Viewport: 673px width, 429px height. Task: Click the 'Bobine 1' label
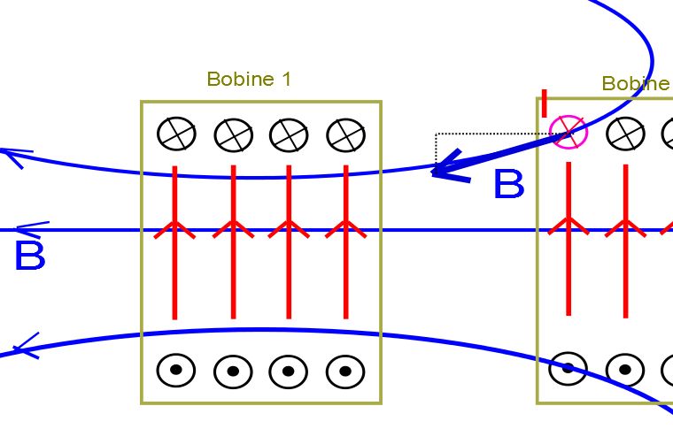(x=249, y=80)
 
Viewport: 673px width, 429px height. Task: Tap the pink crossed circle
(x=568, y=133)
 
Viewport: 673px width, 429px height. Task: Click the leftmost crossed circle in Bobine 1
(x=176, y=134)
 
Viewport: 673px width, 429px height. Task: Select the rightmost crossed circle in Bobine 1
(x=345, y=135)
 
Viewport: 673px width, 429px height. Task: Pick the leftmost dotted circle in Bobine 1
(x=176, y=371)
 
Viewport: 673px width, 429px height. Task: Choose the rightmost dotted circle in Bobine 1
(x=345, y=372)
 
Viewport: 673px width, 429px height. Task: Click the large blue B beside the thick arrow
(x=508, y=186)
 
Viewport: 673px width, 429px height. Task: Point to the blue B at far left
(x=29, y=257)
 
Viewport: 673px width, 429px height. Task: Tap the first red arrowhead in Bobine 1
(x=175, y=229)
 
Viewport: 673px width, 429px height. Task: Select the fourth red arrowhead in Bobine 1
(x=345, y=229)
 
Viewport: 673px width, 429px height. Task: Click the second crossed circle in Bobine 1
(x=234, y=135)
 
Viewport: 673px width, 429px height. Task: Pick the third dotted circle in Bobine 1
(x=289, y=372)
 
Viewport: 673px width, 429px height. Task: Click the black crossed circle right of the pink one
(x=625, y=134)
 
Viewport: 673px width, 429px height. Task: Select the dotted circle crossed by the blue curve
(x=568, y=368)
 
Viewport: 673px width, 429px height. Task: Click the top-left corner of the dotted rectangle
(x=437, y=134)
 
